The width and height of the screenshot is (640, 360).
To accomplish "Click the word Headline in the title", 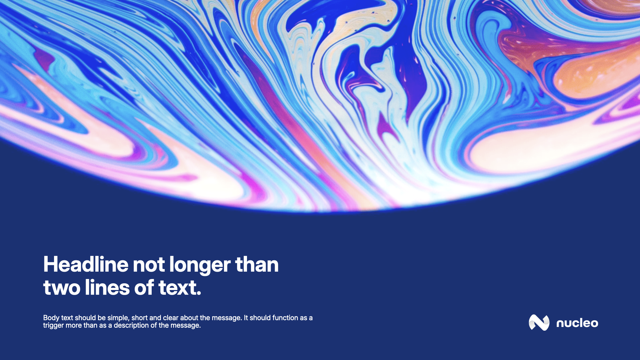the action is pyautogui.click(x=86, y=265).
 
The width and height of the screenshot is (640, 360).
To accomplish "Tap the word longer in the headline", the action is pyautogui.click(x=200, y=266).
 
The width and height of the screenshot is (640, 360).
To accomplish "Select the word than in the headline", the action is pyautogui.click(x=257, y=265).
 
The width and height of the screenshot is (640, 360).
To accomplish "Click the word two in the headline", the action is pyautogui.click(x=62, y=288).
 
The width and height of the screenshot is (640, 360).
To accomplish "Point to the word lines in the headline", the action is pyautogui.click(x=107, y=287).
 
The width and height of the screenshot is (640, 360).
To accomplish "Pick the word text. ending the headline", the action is pyautogui.click(x=180, y=288).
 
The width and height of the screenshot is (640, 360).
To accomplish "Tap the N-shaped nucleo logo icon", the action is pyautogui.click(x=539, y=323).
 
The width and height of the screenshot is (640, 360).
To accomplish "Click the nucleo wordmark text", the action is pyautogui.click(x=577, y=323).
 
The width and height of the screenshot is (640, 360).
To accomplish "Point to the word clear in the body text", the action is pyautogui.click(x=171, y=318).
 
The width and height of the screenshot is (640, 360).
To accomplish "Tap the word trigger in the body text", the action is pyautogui.click(x=53, y=326).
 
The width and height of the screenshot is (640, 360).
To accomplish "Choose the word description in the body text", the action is pyautogui.click(x=131, y=326).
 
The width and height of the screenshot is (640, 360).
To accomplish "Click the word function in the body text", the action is pyautogui.click(x=285, y=318).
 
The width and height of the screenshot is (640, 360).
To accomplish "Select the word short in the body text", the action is pyautogui.click(x=140, y=318).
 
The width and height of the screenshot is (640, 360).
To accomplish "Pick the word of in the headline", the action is pyautogui.click(x=144, y=287).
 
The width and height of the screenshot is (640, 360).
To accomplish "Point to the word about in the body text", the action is pyautogui.click(x=189, y=318).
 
